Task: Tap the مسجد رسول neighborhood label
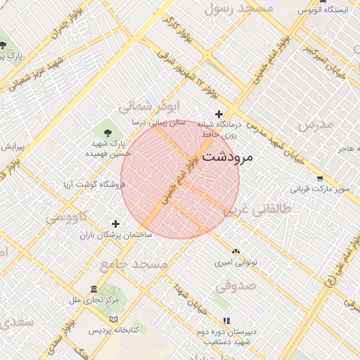238,9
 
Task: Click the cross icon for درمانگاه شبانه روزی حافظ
219,114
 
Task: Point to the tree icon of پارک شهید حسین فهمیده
108,131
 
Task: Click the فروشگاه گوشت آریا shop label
92,185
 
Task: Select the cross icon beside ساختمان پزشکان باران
116,224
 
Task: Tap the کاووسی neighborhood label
66,217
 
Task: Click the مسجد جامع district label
134,264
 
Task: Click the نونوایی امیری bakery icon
236,250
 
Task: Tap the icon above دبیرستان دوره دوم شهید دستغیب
226,321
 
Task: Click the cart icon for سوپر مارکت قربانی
320,179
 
